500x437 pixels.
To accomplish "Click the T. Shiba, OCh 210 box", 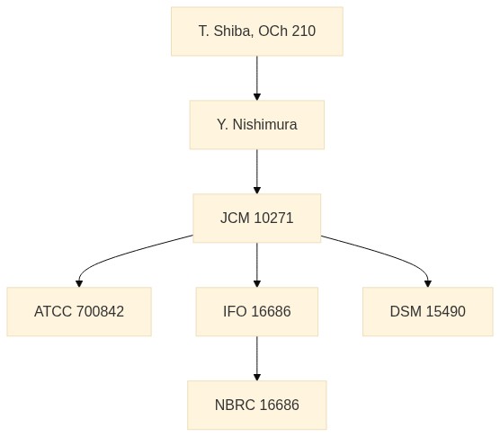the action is click(257, 31).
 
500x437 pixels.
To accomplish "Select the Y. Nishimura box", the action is click(257, 125).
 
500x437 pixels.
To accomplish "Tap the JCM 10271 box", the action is click(257, 218).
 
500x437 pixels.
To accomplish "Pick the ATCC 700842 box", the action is click(79, 311).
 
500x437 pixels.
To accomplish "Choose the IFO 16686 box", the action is click(257, 311).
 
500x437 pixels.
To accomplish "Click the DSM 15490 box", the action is click(428, 311).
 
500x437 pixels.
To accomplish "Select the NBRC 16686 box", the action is click(257, 405).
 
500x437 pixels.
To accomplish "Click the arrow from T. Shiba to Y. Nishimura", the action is click(257, 78).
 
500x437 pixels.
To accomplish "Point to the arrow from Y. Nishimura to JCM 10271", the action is click(257, 172).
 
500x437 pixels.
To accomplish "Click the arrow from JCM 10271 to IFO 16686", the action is click(257, 265).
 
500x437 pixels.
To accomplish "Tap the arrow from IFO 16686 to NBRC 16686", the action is click(257, 358).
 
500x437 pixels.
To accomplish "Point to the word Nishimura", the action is click(265, 125).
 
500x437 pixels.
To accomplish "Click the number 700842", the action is click(100, 311).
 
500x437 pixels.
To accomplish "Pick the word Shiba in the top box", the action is click(232, 31).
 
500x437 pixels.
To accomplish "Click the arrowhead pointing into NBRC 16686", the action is click(257, 377).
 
